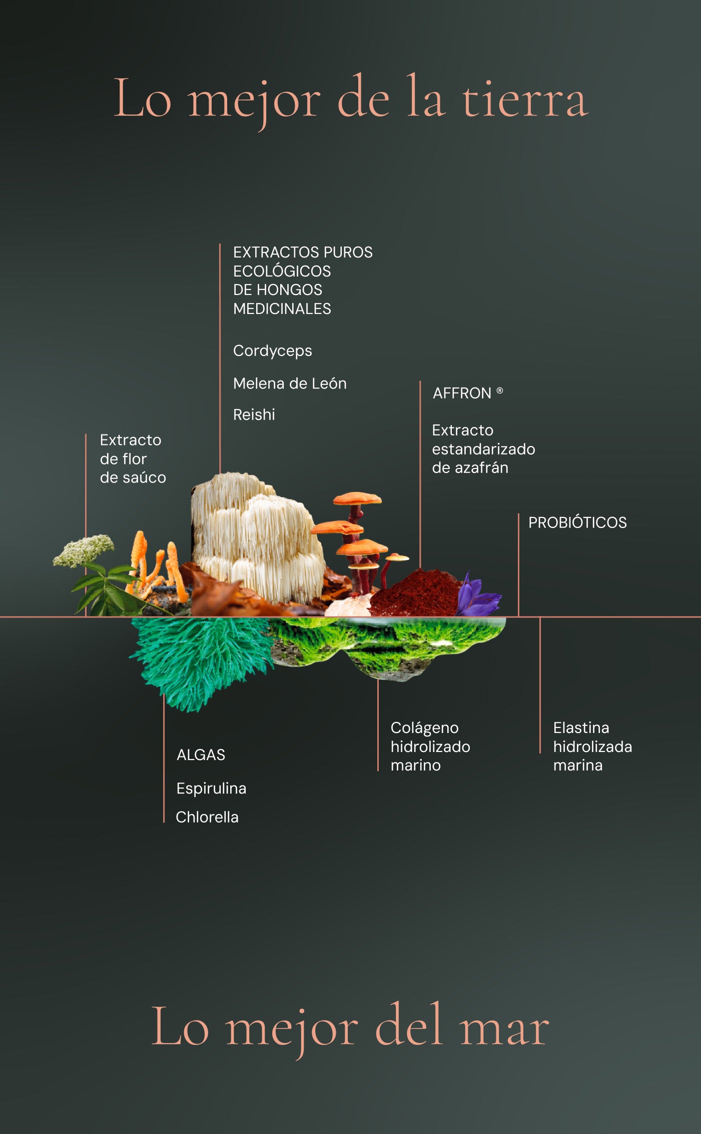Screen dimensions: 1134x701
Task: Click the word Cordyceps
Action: [x=272, y=351]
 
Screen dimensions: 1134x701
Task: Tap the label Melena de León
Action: [x=290, y=383]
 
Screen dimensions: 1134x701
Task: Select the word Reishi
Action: [x=254, y=414]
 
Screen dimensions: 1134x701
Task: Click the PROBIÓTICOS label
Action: [x=577, y=522]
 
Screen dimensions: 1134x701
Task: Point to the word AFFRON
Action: [x=462, y=393]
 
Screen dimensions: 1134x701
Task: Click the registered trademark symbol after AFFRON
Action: [x=499, y=390]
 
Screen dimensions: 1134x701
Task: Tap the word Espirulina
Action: [x=211, y=788]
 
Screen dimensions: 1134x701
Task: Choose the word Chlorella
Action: [x=207, y=817]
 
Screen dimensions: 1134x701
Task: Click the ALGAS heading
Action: [x=201, y=754]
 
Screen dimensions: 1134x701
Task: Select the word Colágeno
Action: [x=424, y=728]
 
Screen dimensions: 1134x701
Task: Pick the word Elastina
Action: [x=581, y=727]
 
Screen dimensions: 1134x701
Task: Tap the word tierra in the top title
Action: [x=524, y=100]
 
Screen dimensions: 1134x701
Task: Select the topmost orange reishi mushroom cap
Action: [x=357, y=498]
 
